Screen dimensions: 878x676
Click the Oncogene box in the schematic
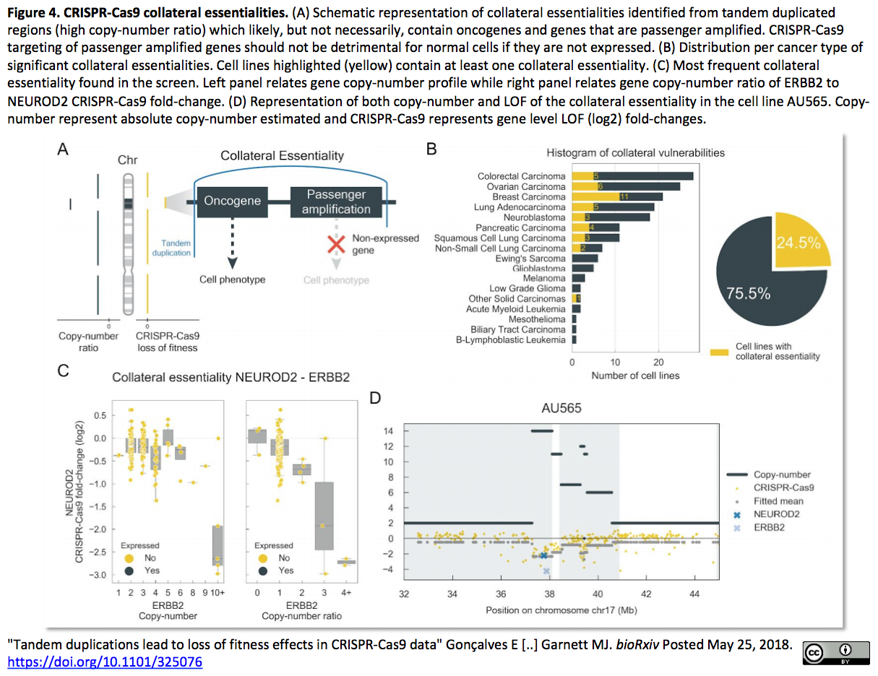tap(233, 202)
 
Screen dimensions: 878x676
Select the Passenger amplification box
tap(336, 202)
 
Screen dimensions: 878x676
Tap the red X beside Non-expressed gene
tap(336, 244)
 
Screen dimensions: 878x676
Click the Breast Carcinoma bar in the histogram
tap(617, 196)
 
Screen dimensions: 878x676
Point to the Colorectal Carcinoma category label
tap(521, 176)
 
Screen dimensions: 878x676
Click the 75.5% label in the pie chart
tap(748, 293)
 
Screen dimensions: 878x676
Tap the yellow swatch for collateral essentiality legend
tap(719, 352)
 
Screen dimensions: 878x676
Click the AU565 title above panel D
tap(561, 408)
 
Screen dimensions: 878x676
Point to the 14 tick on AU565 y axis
tap(388, 431)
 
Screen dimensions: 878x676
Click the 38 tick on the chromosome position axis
tap(549, 594)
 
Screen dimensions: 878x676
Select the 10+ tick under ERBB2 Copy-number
tap(218, 592)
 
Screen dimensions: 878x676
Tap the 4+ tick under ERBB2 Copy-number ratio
tap(346, 592)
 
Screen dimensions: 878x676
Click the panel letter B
tap(431, 149)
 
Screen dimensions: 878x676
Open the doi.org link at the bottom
tap(105, 662)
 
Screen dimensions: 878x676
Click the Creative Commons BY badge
tap(836, 653)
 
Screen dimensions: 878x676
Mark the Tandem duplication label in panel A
tap(171, 248)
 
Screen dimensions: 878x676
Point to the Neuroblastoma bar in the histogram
tap(611, 217)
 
